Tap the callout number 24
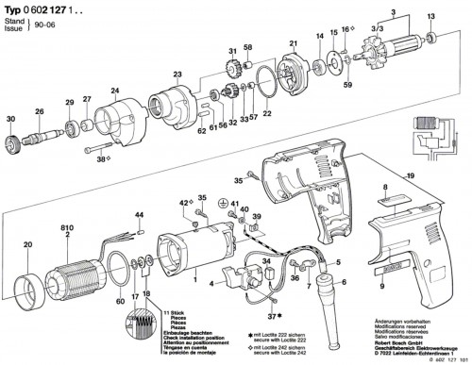click(116, 91)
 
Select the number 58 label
click(247, 48)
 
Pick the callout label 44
click(141, 216)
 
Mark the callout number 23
click(177, 74)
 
